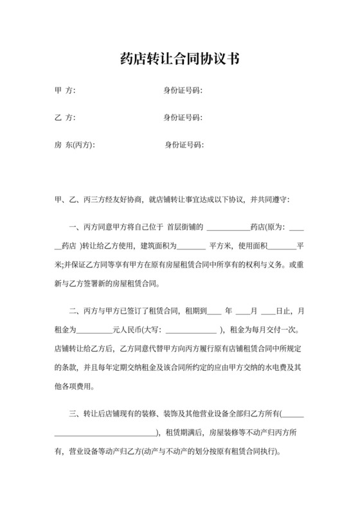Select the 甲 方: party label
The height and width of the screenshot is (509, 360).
point(65,91)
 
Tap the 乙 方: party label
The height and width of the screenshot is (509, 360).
point(65,118)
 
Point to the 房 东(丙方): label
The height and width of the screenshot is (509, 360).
point(74,145)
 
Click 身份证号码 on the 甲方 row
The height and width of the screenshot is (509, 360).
point(183,91)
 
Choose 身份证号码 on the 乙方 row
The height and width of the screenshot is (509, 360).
point(183,118)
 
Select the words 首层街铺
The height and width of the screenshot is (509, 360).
point(185,227)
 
